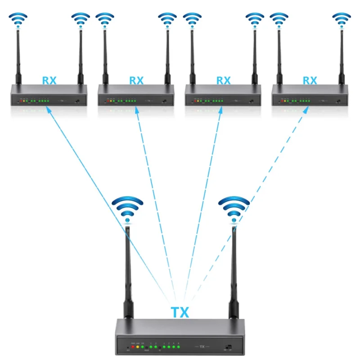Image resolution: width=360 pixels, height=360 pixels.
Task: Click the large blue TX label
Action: point(180,311)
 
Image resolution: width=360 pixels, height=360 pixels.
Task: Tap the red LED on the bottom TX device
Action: point(133,348)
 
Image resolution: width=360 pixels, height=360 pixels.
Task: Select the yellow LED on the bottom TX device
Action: point(138,348)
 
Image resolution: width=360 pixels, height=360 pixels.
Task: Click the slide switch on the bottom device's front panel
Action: point(228,347)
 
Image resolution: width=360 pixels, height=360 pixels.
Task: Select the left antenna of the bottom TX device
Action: point(127,270)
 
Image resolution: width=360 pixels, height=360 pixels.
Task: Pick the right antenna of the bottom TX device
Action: point(234,270)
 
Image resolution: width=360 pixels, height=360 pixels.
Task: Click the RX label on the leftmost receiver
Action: point(49,81)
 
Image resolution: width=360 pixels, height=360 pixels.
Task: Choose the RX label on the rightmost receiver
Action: point(310,81)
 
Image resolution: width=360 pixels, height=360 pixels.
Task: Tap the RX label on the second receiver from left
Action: point(136,81)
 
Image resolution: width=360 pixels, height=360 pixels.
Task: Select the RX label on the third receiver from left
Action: point(223,81)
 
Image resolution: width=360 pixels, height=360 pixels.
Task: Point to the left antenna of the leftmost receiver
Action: point(18,58)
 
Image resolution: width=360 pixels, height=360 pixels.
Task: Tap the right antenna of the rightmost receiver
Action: point(341,58)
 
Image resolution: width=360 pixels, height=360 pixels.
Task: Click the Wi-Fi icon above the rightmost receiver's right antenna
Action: point(341,21)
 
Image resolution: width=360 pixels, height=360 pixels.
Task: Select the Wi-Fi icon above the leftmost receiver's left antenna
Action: point(18,21)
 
